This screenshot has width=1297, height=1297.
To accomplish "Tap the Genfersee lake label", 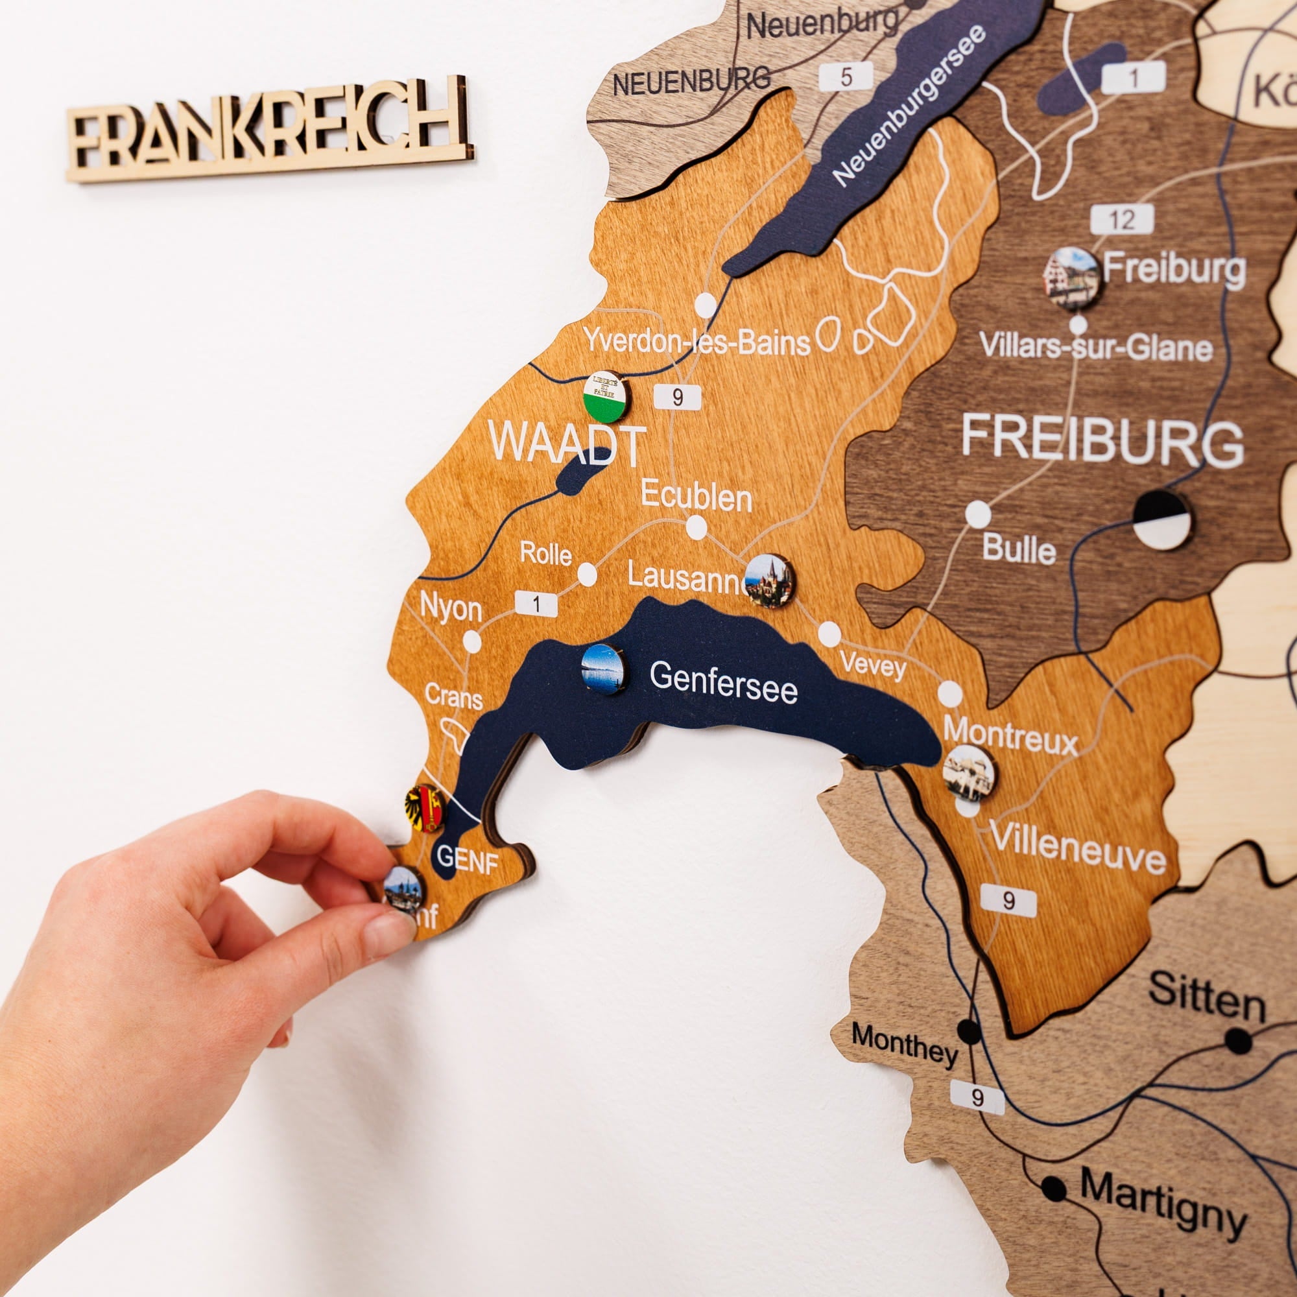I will (723, 681).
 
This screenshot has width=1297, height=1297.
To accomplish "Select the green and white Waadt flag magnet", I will (606, 397).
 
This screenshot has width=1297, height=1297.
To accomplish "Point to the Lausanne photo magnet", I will (769, 580).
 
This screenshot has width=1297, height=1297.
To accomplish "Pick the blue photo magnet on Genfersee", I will (603, 669).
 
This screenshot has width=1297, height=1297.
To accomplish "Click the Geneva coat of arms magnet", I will (425, 808).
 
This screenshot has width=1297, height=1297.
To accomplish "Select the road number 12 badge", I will (1122, 220).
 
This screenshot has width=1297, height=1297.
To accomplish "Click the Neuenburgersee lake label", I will (909, 107).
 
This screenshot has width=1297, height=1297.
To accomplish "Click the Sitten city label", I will (1206, 996).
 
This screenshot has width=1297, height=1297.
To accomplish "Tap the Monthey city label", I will (903, 1044).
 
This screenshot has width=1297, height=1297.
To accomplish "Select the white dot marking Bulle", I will (978, 514).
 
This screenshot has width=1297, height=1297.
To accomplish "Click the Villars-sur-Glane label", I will (1095, 347).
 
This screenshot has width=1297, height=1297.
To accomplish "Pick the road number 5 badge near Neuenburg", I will (846, 77).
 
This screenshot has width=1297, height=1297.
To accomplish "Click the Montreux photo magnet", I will (969, 774).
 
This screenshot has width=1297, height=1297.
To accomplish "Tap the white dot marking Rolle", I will (587, 575).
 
